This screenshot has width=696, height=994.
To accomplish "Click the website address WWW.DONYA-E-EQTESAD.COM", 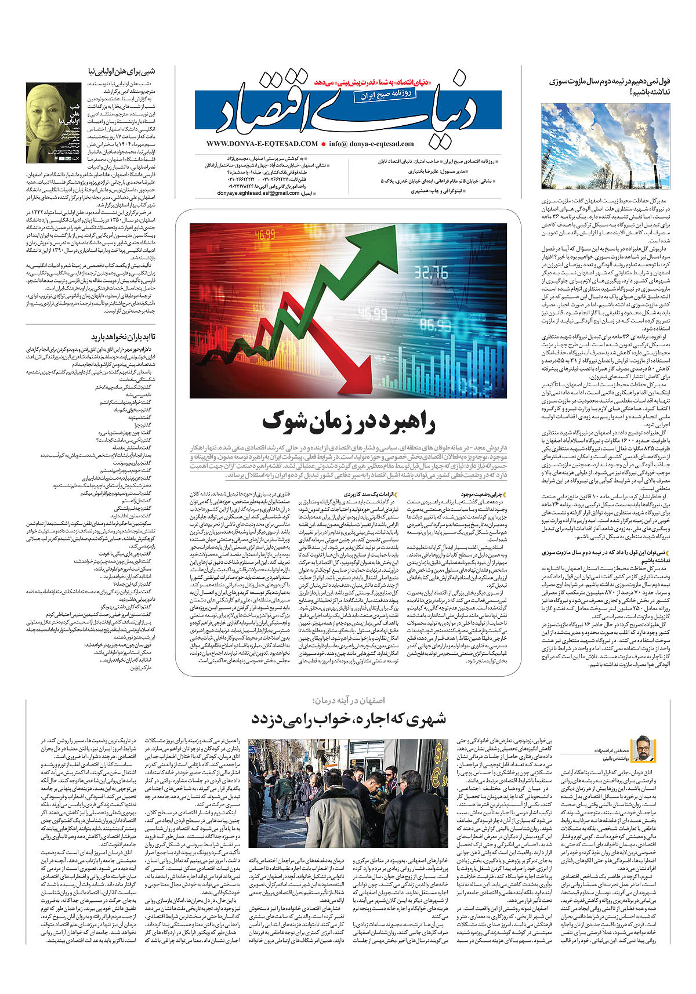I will (262, 144).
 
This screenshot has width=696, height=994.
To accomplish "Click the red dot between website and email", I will (323, 144).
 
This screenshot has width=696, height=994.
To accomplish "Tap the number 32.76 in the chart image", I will (430, 271).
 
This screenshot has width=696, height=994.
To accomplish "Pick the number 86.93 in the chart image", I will (435, 322).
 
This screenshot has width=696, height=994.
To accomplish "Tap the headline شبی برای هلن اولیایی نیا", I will (122, 71).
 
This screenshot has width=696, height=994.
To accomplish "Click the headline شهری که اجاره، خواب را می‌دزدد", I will (349, 719).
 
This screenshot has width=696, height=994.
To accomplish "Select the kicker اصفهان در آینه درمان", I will (349, 701).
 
